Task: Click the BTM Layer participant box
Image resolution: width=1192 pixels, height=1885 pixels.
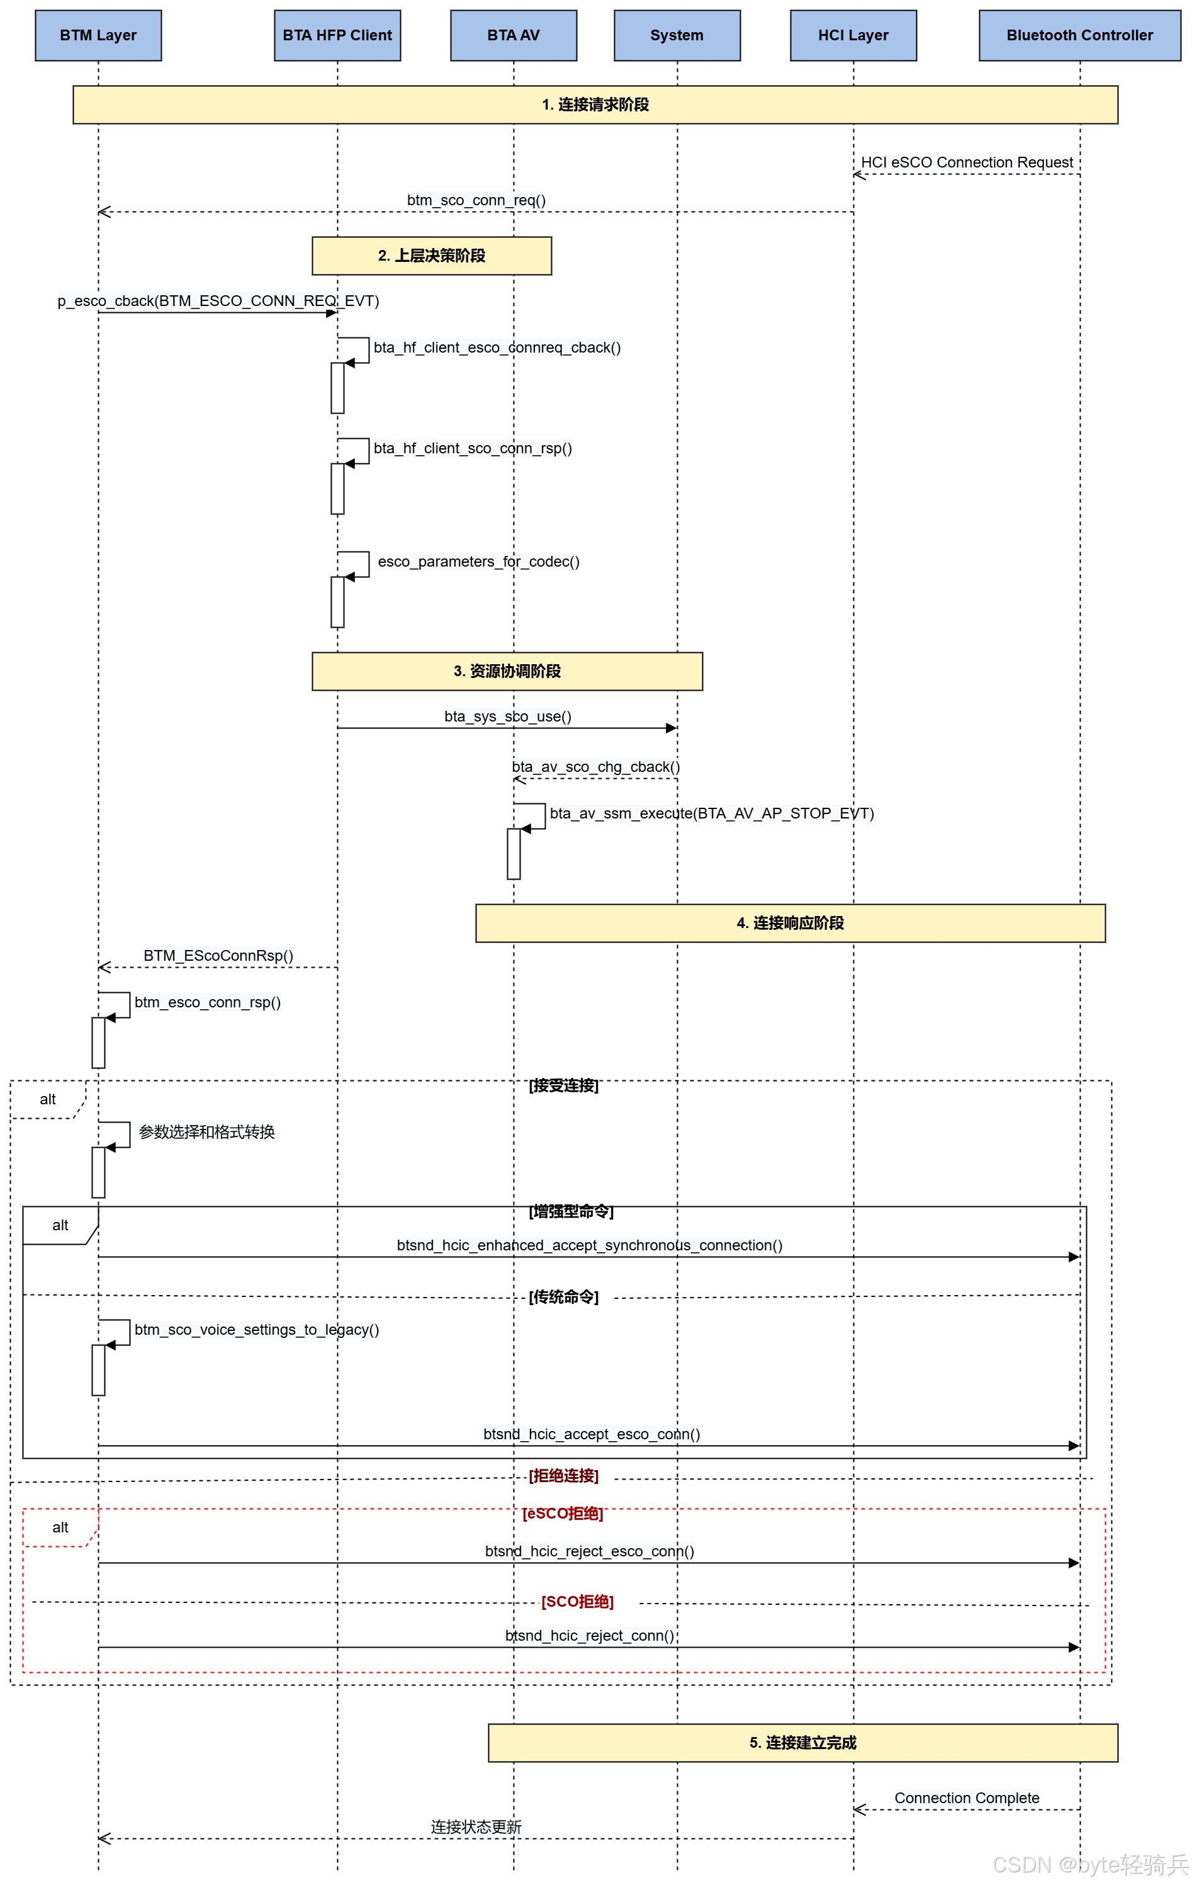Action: coord(98,35)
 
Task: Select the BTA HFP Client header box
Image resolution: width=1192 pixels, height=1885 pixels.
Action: coord(337,35)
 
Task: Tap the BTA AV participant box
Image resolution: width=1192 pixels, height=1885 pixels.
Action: coord(514,35)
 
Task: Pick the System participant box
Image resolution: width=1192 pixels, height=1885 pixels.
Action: coord(677,35)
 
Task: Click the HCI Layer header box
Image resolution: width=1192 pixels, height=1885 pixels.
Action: coord(853,35)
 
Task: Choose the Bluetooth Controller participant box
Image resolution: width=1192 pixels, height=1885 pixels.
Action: coord(1079,35)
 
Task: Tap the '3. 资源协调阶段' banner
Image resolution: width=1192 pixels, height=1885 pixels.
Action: coord(507,672)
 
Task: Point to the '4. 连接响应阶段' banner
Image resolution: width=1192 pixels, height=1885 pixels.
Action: coord(790,923)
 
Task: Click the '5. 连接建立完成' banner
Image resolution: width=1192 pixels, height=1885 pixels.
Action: coord(803,1743)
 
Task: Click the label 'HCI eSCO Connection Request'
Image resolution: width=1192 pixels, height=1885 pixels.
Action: coord(967,162)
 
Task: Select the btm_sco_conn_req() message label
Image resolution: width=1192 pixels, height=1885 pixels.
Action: coord(476,200)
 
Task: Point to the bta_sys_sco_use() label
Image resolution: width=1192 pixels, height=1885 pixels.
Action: coord(508,716)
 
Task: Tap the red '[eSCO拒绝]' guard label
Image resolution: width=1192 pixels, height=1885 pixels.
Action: coord(563,1513)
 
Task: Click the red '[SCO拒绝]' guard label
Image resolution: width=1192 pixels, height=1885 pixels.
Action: coord(578,1602)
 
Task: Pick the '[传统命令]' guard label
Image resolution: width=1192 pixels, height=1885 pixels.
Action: coord(563,1296)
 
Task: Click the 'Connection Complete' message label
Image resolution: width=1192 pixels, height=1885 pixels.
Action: coord(967,1798)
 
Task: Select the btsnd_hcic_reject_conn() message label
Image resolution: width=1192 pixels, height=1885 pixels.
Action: coord(589,1635)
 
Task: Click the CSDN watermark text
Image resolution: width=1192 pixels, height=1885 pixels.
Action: coord(1090,1864)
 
